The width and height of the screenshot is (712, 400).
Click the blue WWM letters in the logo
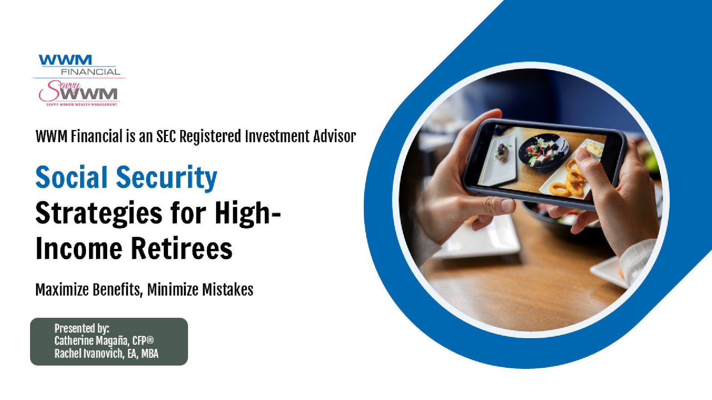[x=65, y=60]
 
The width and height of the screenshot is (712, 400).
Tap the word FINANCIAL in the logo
[x=91, y=72]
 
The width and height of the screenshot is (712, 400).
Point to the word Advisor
[x=334, y=136]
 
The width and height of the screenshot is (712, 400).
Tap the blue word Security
[x=167, y=179]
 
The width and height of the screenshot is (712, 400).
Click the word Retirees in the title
[x=182, y=248]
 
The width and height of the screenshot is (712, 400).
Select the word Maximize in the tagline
[x=62, y=290]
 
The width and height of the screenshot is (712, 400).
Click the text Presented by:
[x=82, y=329]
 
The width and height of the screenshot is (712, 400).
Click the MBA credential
[x=150, y=354]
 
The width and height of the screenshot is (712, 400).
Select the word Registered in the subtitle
[x=210, y=137]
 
